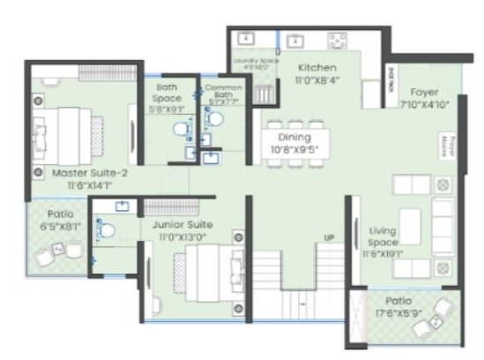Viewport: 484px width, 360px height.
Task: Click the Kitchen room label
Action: click(x=315, y=67)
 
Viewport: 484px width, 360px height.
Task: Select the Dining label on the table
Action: click(x=294, y=138)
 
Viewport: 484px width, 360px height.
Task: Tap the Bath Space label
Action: click(x=168, y=88)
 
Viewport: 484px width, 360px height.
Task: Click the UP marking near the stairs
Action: click(x=329, y=238)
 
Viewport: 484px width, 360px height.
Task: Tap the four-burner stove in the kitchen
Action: click(x=338, y=41)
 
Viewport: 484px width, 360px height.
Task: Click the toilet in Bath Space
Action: click(x=181, y=131)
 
